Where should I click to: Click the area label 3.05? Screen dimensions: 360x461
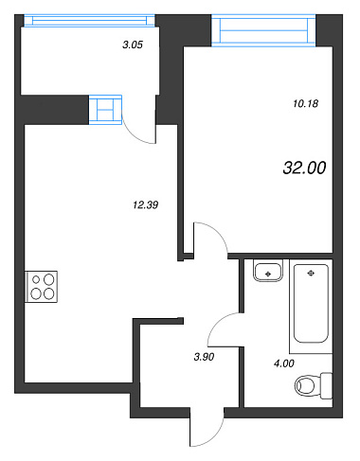133,44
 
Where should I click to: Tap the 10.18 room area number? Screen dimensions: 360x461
306,103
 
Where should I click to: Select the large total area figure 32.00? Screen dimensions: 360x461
304,168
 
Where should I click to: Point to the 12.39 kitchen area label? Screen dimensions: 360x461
146,205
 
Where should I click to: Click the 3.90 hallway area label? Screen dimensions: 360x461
204,357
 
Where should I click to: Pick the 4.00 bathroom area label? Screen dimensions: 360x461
284,363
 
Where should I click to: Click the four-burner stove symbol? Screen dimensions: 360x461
42,287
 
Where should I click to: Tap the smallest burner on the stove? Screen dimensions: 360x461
36,279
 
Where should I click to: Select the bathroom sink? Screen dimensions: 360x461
268,271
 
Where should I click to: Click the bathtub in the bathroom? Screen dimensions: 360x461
311,303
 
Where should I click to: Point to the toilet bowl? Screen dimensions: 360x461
305,385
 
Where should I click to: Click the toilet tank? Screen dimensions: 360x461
327,385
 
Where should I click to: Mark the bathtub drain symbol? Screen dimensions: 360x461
311,274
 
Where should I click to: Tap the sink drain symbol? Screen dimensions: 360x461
268,274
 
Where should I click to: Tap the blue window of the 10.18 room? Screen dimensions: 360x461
263,30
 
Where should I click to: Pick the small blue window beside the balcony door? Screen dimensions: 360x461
105,110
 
